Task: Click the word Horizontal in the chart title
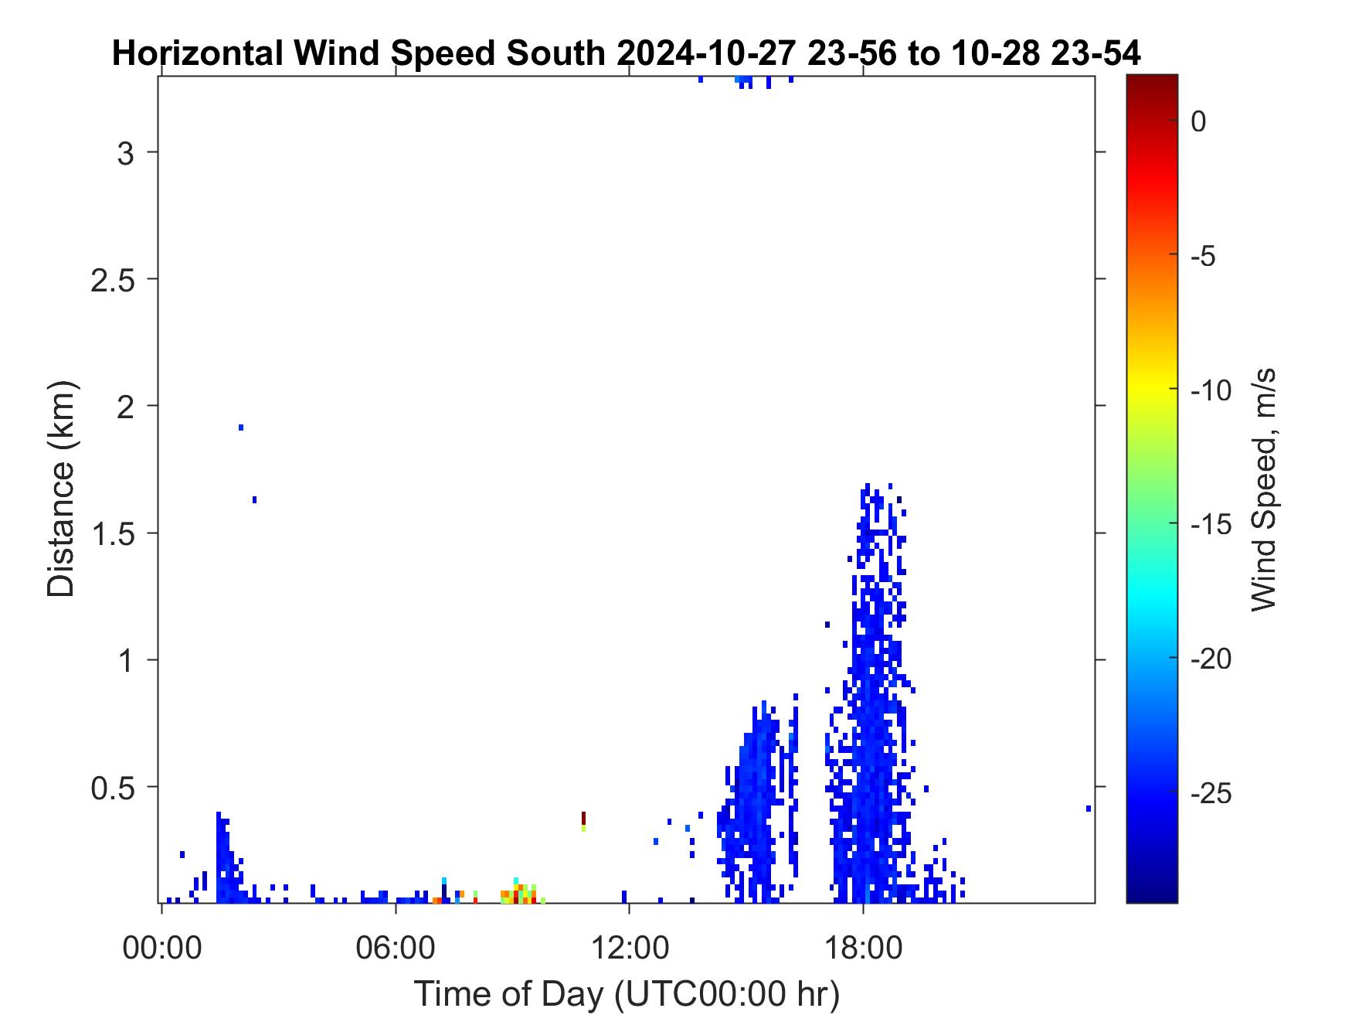click(196, 54)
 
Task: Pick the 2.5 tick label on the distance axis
click(112, 280)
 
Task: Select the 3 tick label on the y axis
click(125, 153)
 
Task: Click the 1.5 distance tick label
click(112, 533)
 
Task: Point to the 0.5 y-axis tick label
click(112, 788)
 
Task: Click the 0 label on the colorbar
click(1198, 121)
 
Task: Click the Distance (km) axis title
click(62, 489)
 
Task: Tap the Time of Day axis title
click(627, 993)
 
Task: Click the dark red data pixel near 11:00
click(583, 818)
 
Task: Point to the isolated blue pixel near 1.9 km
click(241, 427)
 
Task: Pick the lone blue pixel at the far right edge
click(1089, 809)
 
